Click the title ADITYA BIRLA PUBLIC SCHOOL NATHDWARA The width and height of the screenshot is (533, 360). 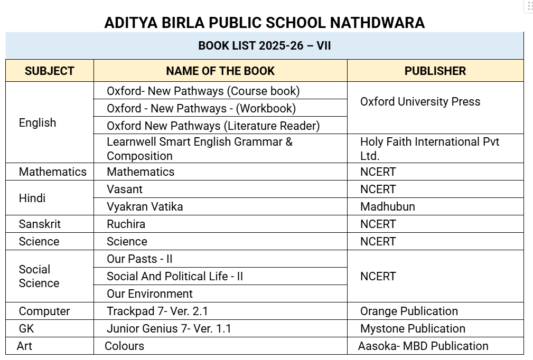pyautogui.click(x=264, y=23)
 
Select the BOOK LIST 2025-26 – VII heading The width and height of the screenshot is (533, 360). pyautogui.click(x=264, y=45)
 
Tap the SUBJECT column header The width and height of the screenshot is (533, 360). pyautogui.click(x=50, y=71)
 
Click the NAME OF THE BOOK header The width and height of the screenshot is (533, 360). pyautogui.click(x=220, y=71)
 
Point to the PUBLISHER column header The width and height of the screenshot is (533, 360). pyautogui.click(x=435, y=71)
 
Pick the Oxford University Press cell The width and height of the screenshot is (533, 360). pyautogui.click(x=420, y=101)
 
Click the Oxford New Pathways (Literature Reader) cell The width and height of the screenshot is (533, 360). pyautogui.click(x=213, y=126)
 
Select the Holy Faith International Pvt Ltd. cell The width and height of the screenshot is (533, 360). pyautogui.click(x=429, y=148)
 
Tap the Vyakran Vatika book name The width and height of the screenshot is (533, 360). pyautogui.click(x=145, y=206)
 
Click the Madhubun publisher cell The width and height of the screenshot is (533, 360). pyautogui.click(x=387, y=206)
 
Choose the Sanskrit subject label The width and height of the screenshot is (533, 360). pyautogui.click(x=40, y=224)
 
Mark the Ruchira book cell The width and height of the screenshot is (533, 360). pyautogui.click(x=126, y=224)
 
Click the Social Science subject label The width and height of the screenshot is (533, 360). pyautogui.click(x=39, y=276)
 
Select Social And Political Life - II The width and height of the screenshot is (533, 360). pyautogui.click(x=175, y=276)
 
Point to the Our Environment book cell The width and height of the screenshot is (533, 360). pyautogui.click(x=149, y=293)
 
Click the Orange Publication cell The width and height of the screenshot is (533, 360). pyautogui.click(x=409, y=311)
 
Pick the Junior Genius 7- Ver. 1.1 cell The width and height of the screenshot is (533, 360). pyautogui.click(x=169, y=328)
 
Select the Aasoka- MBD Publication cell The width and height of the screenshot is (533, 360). pyautogui.click(x=423, y=346)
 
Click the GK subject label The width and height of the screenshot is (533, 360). pyautogui.click(x=26, y=328)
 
